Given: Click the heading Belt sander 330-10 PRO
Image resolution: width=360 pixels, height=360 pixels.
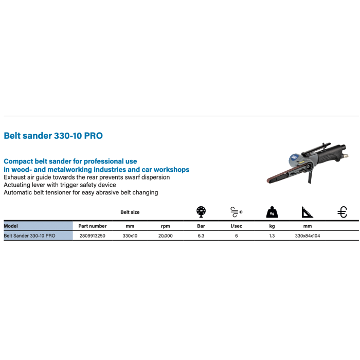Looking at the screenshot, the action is [53, 136].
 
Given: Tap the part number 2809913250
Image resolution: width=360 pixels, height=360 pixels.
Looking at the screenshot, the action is [92, 236].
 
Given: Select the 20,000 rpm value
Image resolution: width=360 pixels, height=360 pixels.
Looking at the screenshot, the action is [165, 236].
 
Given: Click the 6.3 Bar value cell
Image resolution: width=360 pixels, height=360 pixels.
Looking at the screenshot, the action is [201, 236].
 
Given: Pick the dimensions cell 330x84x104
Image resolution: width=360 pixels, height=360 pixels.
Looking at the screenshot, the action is [308, 236].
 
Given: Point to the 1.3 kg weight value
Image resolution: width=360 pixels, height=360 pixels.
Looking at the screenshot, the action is [272, 236].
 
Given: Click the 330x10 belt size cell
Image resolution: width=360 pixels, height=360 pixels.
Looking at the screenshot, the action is [130, 236].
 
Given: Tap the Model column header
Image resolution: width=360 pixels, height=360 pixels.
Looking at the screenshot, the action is [11, 226].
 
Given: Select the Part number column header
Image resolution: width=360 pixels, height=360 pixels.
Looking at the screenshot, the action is [93, 226].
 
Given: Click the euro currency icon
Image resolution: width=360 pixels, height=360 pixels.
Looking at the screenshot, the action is [342, 212].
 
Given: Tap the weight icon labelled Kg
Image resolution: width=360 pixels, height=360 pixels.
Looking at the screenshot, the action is [272, 212].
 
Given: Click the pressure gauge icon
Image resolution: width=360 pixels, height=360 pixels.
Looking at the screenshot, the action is [201, 212].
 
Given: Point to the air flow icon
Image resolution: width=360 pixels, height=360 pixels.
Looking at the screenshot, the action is [237, 212].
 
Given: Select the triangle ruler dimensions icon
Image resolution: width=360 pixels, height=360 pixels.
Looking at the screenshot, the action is [307, 212].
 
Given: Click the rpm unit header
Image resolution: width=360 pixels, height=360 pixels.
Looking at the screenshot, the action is [165, 226].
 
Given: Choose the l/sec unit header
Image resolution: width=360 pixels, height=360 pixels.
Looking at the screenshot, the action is [237, 226].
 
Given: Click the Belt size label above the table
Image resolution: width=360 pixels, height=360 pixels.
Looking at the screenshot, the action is [130, 212].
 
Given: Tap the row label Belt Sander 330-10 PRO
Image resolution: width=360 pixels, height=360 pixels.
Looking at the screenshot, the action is [30, 236].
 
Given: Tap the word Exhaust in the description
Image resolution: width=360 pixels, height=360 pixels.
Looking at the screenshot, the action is [14, 177].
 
